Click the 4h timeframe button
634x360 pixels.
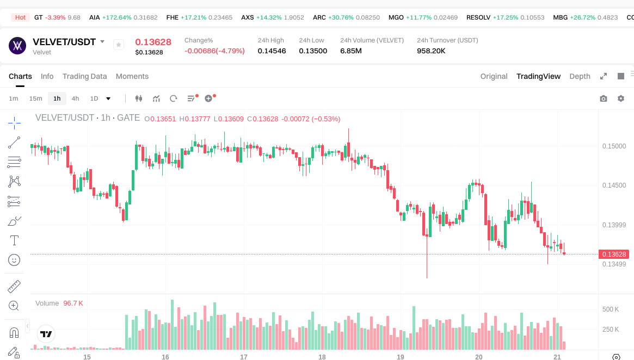pyautogui.click(x=75, y=98)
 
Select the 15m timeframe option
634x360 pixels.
pyautogui.click(x=35, y=98)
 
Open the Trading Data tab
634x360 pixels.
pyautogui.click(x=84, y=76)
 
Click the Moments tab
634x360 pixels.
pyautogui.click(x=132, y=76)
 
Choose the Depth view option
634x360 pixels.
pyautogui.click(x=580, y=76)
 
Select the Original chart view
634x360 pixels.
pyautogui.click(x=494, y=76)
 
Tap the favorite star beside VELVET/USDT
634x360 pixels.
pyautogui.click(x=119, y=45)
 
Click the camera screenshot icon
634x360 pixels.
pyautogui.click(x=603, y=98)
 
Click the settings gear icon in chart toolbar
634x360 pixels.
pyautogui.click(x=620, y=98)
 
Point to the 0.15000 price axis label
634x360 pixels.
pyautogui.click(x=614, y=146)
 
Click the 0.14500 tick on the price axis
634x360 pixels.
pyautogui.click(x=614, y=185)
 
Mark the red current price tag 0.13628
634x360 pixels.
pyautogui.click(x=614, y=254)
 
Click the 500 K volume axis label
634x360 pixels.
pyautogui.click(x=611, y=309)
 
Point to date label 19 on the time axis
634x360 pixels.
pyautogui.click(x=401, y=357)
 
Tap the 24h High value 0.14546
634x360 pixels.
pyautogui.click(x=272, y=51)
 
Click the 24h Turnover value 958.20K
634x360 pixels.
pyautogui.click(x=431, y=51)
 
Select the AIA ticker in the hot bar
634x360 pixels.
pyautogui.click(x=95, y=17)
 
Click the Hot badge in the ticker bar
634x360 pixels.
pyautogui.click(x=21, y=17)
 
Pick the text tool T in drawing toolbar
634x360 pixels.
pyautogui.click(x=14, y=240)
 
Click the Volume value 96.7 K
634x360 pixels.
pyautogui.click(x=73, y=303)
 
